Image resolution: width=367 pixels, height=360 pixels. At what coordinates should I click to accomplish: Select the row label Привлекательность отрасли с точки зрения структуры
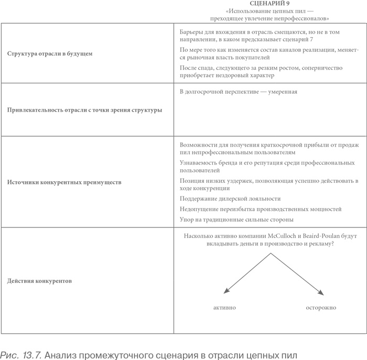84,110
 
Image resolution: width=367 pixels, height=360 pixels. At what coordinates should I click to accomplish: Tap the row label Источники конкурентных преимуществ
64,183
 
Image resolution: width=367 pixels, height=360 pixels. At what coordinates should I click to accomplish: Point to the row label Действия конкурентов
39,281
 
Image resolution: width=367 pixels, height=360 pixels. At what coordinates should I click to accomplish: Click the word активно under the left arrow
224,307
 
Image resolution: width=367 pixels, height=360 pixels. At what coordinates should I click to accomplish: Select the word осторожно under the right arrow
321,307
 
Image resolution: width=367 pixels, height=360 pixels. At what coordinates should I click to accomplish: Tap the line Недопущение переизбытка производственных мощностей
260,209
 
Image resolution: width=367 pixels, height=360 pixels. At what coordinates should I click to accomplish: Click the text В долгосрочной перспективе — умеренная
238,92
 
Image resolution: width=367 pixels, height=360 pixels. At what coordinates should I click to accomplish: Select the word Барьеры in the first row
192,31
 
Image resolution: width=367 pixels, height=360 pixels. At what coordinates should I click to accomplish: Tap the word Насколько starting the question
199,236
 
